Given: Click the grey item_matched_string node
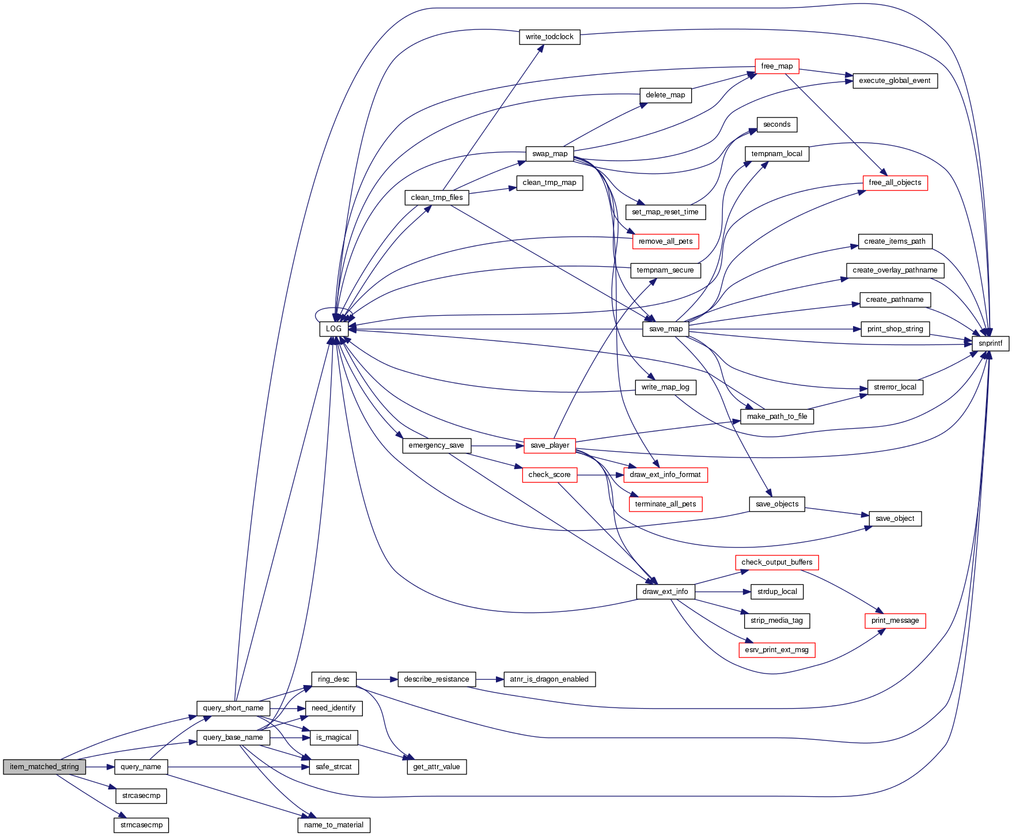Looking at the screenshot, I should (x=44, y=767).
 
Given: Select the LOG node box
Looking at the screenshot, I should (x=333, y=329).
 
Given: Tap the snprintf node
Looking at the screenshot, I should (x=990, y=343).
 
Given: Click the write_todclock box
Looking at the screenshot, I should (x=549, y=37).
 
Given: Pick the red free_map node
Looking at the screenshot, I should (x=776, y=66).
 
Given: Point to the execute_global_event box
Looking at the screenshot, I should (x=894, y=81).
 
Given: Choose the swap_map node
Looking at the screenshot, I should (x=549, y=154).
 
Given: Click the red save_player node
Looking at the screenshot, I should (x=549, y=445).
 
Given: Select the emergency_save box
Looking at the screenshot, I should (x=436, y=445).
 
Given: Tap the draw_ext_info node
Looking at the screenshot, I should (x=665, y=592).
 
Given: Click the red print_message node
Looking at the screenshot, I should (x=894, y=621).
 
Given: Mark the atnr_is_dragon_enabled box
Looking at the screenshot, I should (x=549, y=679).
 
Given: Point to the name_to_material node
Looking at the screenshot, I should (x=333, y=825).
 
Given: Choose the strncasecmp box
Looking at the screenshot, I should (x=141, y=825).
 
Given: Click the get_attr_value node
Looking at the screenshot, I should (x=436, y=767).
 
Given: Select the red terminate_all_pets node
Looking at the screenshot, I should (x=665, y=504).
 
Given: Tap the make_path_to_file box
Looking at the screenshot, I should (x=776, y=417).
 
